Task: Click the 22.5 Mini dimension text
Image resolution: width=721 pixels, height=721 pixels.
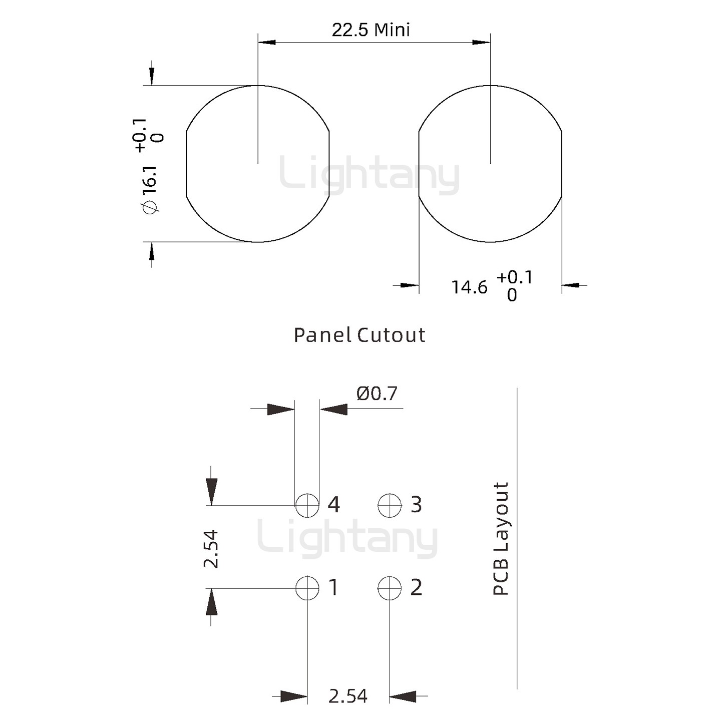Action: point(371,30)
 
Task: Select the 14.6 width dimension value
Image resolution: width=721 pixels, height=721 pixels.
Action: point(469,287)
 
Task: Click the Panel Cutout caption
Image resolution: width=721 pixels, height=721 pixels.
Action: point(359,335)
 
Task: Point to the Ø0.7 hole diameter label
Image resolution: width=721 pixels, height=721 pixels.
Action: point(377,394)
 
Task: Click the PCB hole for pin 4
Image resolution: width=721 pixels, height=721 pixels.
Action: point(307,505)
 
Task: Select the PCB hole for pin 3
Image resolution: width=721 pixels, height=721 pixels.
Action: point(390,505)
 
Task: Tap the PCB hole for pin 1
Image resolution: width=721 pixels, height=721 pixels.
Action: point(307,588)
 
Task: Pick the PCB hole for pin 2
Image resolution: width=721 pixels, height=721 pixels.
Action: point(390,588)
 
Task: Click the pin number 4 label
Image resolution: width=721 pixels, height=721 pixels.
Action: point(334,505)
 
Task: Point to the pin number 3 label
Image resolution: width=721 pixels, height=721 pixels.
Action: point(416,505)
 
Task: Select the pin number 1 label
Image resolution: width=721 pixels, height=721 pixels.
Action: point(333,587)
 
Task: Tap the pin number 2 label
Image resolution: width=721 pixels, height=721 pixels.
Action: point(416,587)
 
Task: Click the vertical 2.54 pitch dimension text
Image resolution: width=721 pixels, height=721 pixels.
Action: point(211,549)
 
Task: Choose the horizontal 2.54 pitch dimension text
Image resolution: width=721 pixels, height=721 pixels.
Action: point(347,696)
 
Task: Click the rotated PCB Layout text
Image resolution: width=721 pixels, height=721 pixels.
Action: point(501,539)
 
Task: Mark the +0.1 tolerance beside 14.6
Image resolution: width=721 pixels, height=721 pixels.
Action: point(514,277)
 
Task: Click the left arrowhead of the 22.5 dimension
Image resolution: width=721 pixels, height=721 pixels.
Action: point(267,42)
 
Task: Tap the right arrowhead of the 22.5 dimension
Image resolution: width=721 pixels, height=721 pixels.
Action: point(481,42)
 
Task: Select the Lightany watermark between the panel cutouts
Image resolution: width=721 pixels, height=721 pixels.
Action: point(369,175)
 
